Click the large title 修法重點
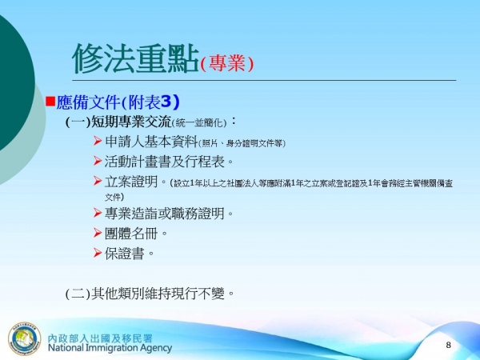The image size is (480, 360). coord(134,57)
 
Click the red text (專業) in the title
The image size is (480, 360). coord(227,63)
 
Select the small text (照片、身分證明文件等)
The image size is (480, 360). coord(240,144)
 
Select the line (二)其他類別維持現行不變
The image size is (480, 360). coord(150,293)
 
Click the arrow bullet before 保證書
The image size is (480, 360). coord(98,253)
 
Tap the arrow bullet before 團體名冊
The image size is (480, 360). coord(98,233)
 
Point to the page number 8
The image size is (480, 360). coord(448,344)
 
